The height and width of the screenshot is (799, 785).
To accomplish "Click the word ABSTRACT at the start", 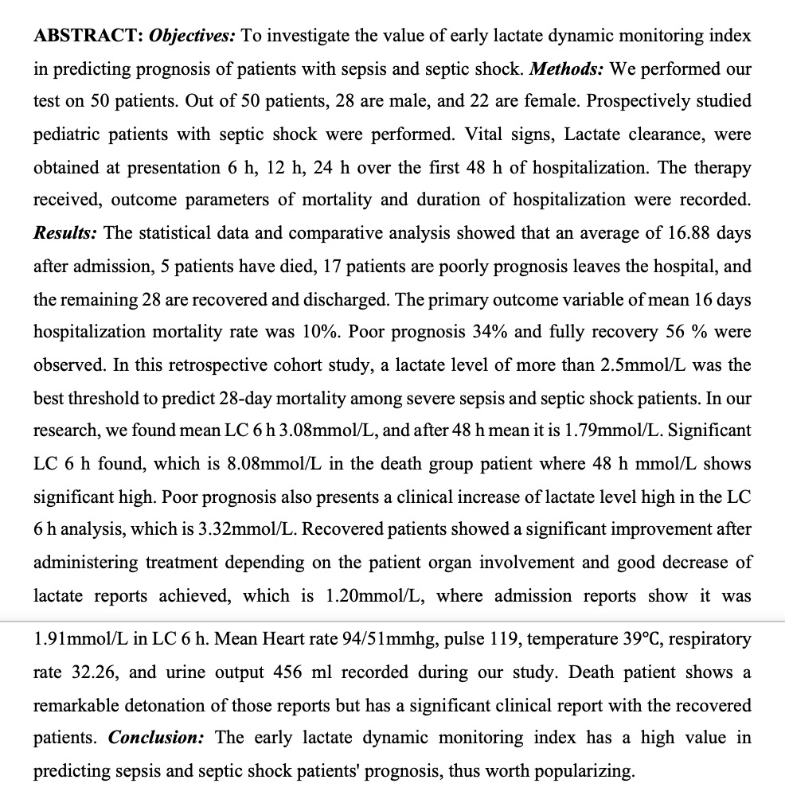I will click(x=87, y=36).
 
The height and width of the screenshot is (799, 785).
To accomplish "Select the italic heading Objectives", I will click(x=190, y=36).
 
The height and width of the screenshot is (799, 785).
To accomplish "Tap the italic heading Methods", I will click(x=568, y=68).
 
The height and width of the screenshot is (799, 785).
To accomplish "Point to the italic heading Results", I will click(x=65, y=232).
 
